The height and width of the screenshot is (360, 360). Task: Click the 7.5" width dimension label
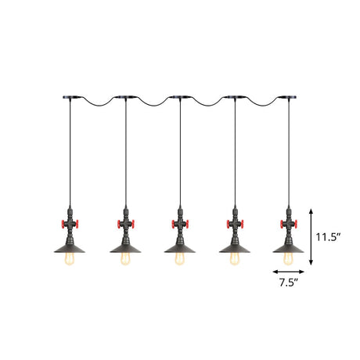[288, 283]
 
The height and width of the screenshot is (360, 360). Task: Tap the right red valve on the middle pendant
[191, 227]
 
